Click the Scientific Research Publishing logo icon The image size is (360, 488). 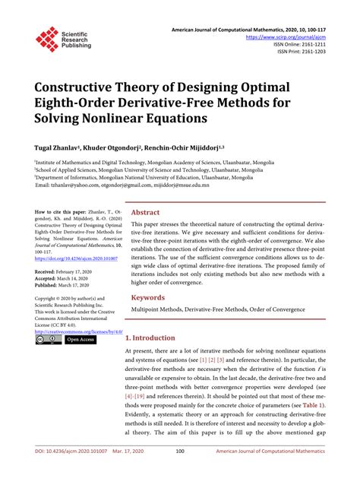point(46,39)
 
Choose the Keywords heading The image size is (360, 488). point(149,297)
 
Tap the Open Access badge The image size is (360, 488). point(81,340)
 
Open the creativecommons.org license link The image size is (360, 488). point(77,332)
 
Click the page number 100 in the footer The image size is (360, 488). point(180,472)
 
